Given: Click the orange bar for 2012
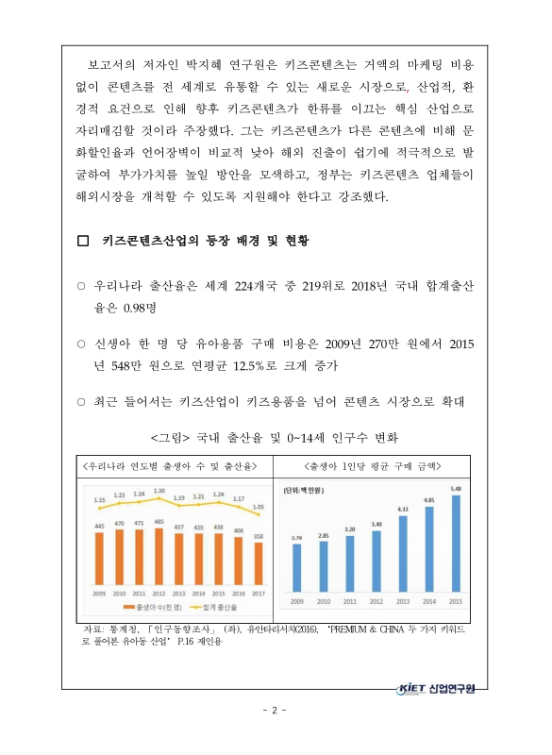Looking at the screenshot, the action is (x=159, y=558).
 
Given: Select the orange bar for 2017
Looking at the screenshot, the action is (x=259, y=564).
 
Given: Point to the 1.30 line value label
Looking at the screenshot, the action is (x=159, y=491).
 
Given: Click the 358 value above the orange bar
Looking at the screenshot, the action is (x=259, y=537).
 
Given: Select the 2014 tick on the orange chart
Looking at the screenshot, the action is (x=199, y=594).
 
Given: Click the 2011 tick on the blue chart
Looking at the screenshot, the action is (x=350, y=600).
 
